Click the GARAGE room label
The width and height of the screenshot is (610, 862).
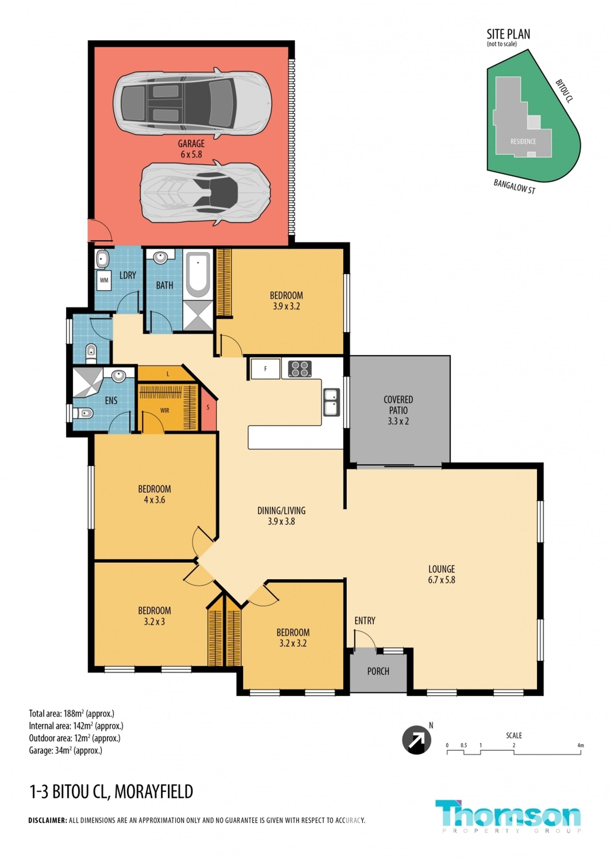191,149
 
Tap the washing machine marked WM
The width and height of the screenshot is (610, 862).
104,281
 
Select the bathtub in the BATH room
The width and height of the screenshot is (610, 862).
198,275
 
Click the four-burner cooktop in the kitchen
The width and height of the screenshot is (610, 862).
300,368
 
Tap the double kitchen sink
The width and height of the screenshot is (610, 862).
332,402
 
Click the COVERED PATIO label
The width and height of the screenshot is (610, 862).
398,410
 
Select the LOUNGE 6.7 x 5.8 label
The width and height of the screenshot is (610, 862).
442,574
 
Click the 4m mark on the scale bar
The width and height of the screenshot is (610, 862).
581,745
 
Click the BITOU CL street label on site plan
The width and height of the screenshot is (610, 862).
565,91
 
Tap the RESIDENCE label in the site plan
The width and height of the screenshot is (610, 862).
523,141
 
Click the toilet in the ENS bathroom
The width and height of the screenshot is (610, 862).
83,413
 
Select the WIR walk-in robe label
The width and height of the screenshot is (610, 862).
164,410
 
